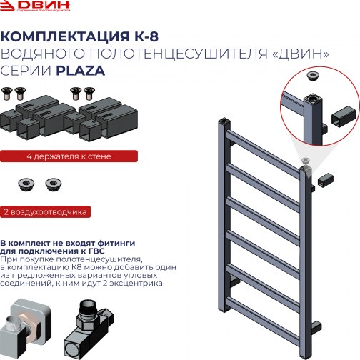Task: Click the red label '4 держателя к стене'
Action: (x=56, y=155)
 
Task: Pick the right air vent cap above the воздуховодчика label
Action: (x=52, y=184)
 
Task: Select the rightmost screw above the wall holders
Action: (x=89, y=91)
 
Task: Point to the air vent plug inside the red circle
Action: (x=312, y=75)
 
